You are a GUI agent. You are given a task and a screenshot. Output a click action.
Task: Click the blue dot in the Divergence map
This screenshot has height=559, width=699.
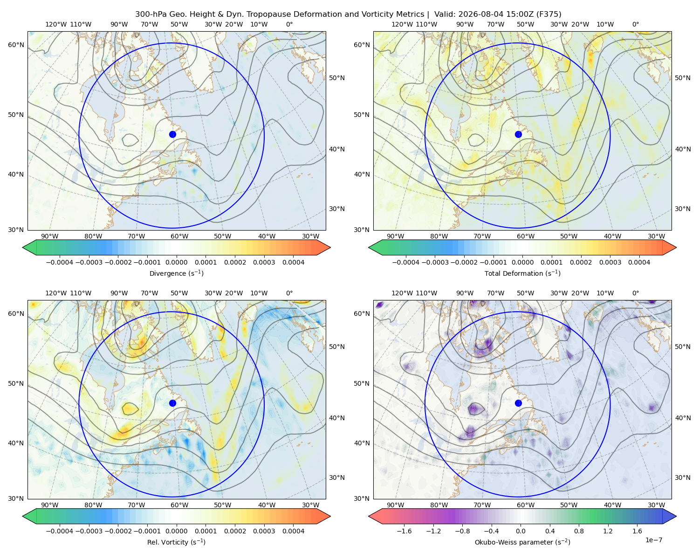pos(172,135)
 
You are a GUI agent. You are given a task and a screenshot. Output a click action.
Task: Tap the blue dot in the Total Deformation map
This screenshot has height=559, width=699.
pos(518,135)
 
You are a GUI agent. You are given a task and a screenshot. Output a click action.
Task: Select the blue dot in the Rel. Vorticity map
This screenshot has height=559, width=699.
pos(172,403)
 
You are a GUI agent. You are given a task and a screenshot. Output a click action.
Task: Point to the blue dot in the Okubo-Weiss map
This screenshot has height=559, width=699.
pos(518,403)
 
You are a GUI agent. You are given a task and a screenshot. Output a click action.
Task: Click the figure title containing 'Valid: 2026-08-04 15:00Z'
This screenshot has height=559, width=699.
pos(348,14)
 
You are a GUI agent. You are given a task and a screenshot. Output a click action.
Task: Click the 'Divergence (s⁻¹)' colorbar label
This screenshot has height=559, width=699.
pos(176,273)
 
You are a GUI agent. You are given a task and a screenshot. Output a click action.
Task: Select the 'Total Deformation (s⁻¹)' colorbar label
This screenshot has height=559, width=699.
pos(522,273)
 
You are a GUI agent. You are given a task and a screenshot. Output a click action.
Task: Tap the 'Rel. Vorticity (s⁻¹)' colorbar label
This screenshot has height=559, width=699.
pos(176,542)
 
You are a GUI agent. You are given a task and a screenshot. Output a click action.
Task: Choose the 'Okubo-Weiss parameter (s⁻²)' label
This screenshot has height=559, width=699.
pos(522,542)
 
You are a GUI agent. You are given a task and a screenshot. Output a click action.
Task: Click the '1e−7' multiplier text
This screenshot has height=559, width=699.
pos(653,540)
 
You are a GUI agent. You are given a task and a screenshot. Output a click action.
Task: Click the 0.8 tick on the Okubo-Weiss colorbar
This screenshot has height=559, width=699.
pos(579,531)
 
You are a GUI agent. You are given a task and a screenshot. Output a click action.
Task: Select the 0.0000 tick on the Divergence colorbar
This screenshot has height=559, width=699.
pos(176,262)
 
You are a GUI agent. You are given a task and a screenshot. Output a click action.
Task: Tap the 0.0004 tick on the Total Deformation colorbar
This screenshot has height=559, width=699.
pos(639,262)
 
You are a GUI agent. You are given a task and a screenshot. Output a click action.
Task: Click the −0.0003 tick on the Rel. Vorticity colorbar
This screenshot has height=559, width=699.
pos(89,531)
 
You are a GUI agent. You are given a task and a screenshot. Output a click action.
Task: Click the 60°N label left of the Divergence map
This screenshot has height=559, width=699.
pos(16,45)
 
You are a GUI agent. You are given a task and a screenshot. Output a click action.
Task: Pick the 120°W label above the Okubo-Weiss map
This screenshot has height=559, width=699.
pos(402,293)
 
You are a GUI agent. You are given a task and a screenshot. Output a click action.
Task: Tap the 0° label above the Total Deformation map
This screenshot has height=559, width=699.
pos(635,24)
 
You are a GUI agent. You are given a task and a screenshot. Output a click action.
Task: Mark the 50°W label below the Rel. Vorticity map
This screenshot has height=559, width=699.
pos(222,505)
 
